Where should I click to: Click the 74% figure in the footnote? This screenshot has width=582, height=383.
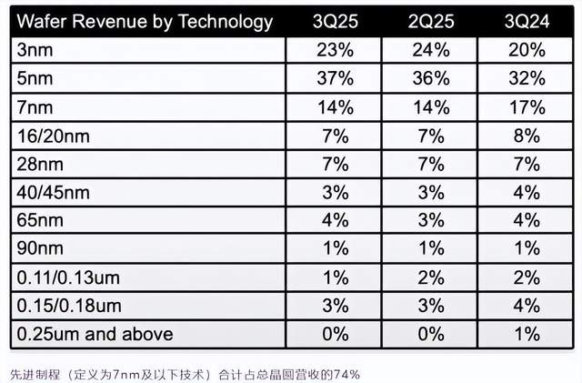(x=346, y=372)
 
